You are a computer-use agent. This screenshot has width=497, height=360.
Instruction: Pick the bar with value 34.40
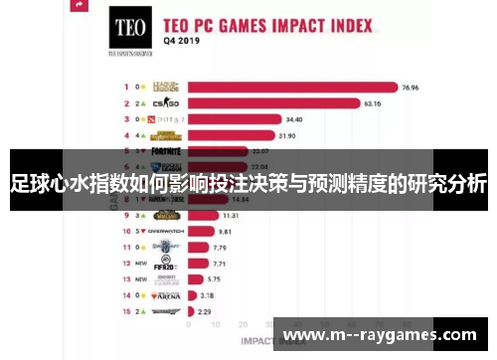pos(234,118)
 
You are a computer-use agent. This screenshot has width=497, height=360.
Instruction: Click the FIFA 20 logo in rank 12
pos(164,264)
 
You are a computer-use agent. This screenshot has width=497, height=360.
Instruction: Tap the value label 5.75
pos(213,279)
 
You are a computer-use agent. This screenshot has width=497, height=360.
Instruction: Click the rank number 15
pos(127,311)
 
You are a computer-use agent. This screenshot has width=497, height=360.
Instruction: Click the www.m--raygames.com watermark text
pos(381,335)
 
